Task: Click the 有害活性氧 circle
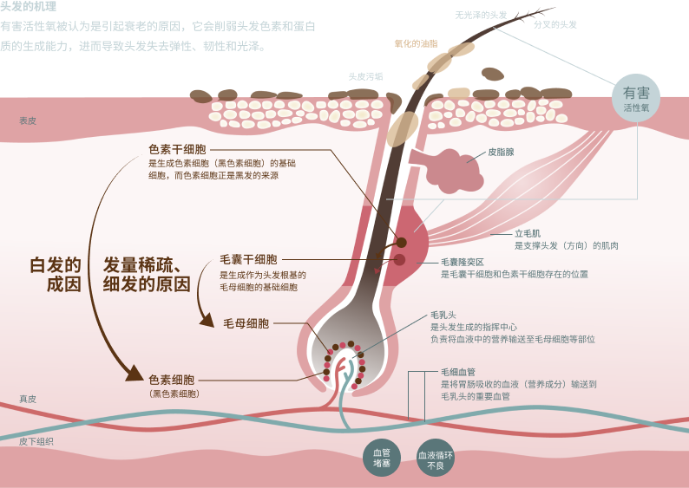pyautogui.click(x=636, y=98)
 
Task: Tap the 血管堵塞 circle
pyautogui.click(x=382, y=458)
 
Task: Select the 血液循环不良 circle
pyautogui.click(x=435, y=458)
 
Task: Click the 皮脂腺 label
pyautogui.click(x=501, y=153)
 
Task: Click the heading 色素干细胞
pyautogui.click(x=177, y=150)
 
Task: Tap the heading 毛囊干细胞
pyautogui.click(x=248, y=260)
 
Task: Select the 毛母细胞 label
pyautogui.click(x=246, y=323)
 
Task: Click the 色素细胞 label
pyautogui.click(x=171, y=380)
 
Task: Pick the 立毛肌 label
pyautogui.click(x=528, y=233)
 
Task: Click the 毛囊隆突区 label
pyautogui.click(x=463, y=262)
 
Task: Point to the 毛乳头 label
pyautogui.click(x=443, y=316)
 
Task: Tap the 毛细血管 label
pyautogui.click(x=458, y=372)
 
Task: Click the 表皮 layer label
pyautogui.click(x=28, y=120)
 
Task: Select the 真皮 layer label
pyautogui.click(x=28, y=399)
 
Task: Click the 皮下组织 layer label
pyautogui.click(x=36, y=441)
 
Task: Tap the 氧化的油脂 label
pyautogui.click(x=417, y=43)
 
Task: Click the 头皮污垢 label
pyautogui.click(x=365, y=76)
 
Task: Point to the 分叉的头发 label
pyautogui.click(x=555, y=24)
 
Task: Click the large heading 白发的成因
pyautogui.click(x=56, y=275)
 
